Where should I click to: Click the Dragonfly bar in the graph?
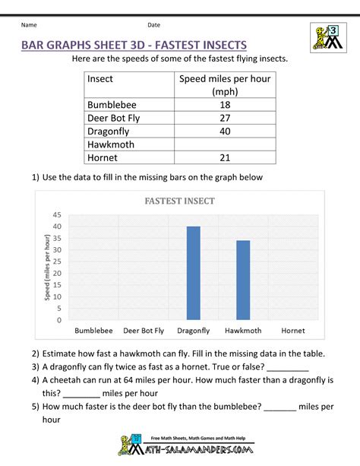pos(194,273)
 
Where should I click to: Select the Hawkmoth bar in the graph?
pos(243,280)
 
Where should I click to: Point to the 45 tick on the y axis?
pos(58,215)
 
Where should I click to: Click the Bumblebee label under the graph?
pos(94,331)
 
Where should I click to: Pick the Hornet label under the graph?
pos(292,331)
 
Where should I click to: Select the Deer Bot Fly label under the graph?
pos(144,331)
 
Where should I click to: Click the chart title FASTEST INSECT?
pos(180,201)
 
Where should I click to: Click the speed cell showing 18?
pos(224,105)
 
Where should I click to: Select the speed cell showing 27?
pos(224,118)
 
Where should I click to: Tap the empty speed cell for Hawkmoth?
pos(224,144)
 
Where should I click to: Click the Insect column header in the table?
pos(100,78)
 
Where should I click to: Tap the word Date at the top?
pos(153,25)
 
